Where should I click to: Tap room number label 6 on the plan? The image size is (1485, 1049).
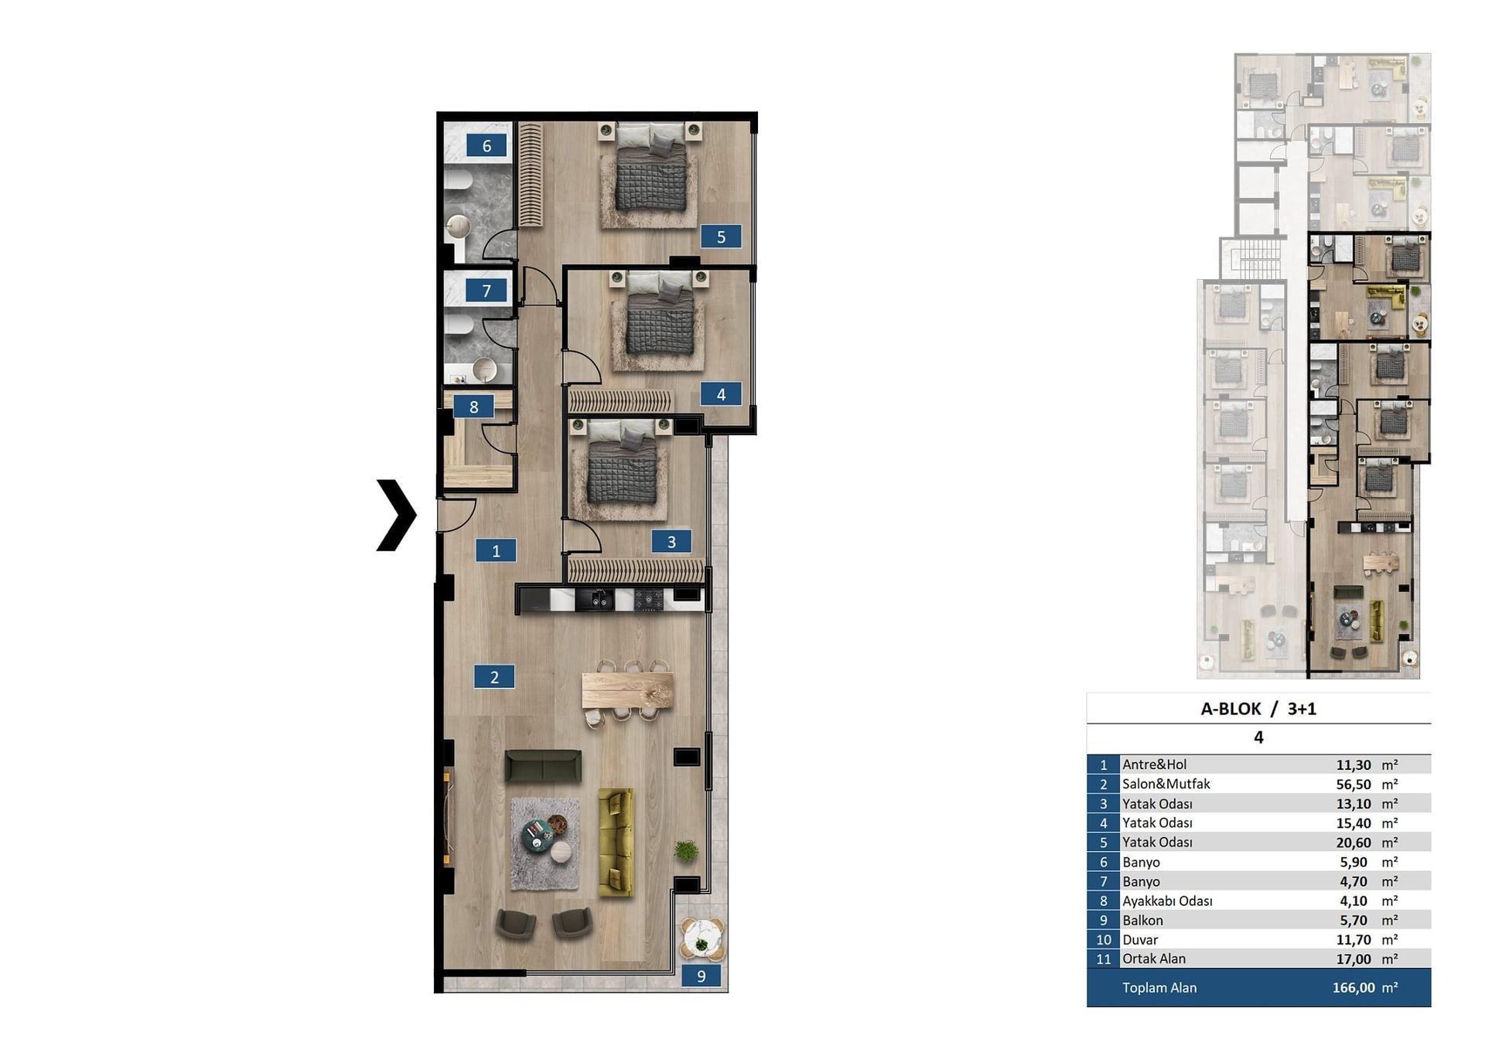tap(486, 145)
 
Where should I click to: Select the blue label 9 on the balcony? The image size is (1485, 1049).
tap(702, 976)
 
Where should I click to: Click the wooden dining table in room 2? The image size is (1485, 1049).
tap(627, 690)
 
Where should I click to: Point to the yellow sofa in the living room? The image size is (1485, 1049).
tap(616, 842)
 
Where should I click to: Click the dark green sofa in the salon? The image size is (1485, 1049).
tap(543, 765)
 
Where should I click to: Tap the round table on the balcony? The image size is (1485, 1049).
tap(702, 938)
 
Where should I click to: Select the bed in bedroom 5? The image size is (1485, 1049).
tap(650, 166)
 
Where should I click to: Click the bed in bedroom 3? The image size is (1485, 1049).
tap(623, 463)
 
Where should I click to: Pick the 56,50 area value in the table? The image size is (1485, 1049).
tap(1353, 784)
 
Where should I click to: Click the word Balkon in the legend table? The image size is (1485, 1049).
tap(1142, 920)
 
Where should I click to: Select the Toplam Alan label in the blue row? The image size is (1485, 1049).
tap(1159, 987)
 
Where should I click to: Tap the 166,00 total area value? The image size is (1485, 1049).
tap(1354, 987)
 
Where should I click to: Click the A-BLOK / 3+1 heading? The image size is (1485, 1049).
tap(1258, 709)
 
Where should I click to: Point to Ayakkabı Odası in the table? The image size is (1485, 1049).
tap(1167, 901)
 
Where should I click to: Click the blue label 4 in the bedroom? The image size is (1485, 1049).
tap(721, 394)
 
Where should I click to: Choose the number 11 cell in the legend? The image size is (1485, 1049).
tap(1103, 959)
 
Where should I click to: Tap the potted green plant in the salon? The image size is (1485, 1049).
tap(686, 851)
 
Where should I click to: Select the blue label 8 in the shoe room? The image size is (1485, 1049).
tap(473, 407)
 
